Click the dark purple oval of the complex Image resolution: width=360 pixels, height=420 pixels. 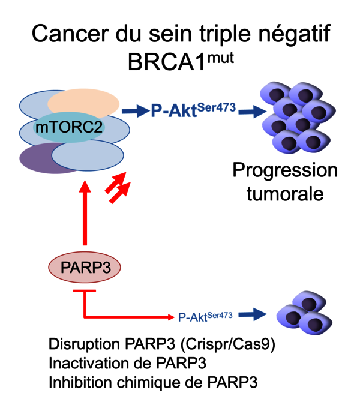42,160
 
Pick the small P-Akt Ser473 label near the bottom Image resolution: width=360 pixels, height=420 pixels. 205,314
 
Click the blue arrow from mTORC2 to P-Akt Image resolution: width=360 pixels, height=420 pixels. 135,110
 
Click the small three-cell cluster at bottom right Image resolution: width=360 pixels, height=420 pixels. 303,313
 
